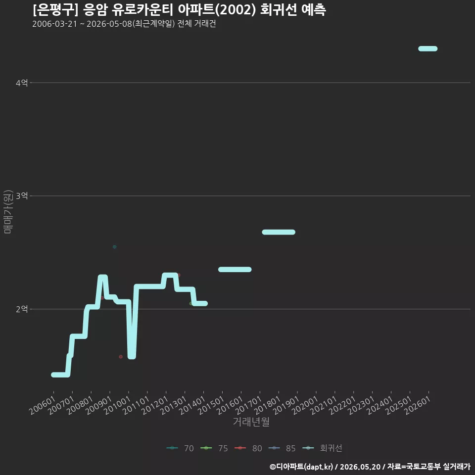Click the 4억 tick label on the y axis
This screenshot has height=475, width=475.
click(x=21, y=83)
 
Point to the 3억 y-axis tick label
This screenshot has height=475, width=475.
click(x=21, y=196)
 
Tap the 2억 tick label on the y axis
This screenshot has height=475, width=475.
click(x=21, y=309)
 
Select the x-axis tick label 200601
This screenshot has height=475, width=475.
click(x=43, y=405)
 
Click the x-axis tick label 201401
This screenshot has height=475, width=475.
click(x=192, y=405)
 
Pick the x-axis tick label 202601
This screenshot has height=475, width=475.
click(x=418, y=405)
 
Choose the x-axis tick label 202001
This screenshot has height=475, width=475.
click(x=305, y=405)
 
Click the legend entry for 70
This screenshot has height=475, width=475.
click(x=180, y=448)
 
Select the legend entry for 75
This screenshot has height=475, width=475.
click(x=214, y=448)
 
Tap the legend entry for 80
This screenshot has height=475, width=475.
click(x=248, y=448)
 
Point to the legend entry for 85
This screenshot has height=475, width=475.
click(x=282, y=448)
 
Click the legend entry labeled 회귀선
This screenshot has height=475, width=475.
click(x=322, y=448)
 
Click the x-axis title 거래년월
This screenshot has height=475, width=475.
click(x=251, y=422)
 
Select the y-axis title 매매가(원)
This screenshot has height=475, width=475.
click(x=8, y=212)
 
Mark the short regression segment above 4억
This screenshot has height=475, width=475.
click(x=427, y=49)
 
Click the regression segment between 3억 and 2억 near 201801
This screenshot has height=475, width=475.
click(x=279, y=233)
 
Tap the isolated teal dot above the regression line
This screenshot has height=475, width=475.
click(x=114, y=247)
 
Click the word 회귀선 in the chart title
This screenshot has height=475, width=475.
click(x=279, y=10)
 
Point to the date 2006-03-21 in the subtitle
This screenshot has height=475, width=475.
click(x=55, y=24)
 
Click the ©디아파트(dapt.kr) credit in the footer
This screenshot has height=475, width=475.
click(x=301, y=467)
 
